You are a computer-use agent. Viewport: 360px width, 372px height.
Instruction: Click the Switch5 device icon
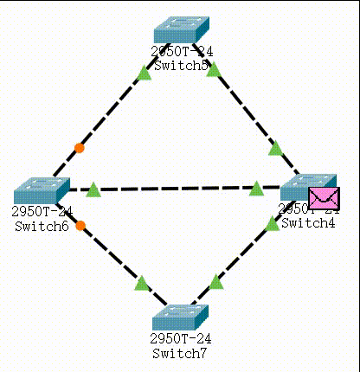coord(182,30)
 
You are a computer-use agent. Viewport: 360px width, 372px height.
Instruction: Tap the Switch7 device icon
coord(182,317)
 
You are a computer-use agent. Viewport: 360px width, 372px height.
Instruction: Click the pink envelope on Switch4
coord(324,198)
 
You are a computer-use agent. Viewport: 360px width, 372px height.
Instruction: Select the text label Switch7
coord(181,353)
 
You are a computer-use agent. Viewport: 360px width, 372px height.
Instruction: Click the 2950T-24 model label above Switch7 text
coord(181,339)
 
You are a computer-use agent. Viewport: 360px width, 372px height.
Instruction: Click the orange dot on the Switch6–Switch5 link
coord(80,148)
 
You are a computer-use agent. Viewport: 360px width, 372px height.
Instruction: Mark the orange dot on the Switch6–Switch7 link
coord(80,226)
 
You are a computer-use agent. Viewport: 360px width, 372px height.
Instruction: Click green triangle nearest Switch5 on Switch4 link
coord(213,69)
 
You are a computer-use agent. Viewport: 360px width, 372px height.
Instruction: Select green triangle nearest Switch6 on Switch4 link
coord(94,189)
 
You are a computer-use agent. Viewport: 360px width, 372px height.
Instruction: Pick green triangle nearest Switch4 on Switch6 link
coord(256,188)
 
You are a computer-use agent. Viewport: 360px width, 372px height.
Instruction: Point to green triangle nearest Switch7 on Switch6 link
coord(142,282)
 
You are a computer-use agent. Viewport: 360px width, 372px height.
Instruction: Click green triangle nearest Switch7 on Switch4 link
coord(216,282)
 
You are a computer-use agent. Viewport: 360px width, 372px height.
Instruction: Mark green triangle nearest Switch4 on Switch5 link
coord(275,149)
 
